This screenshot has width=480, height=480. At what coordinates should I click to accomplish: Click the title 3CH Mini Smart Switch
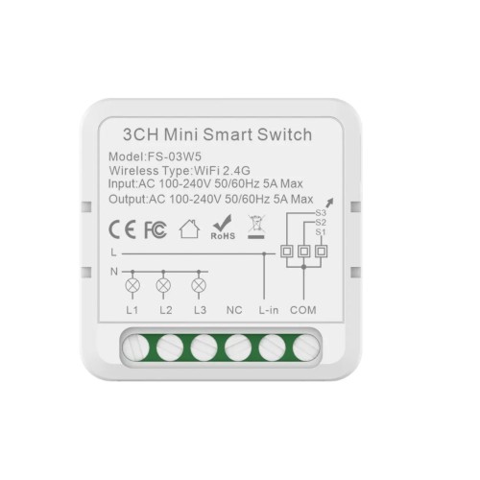tap(219, 135)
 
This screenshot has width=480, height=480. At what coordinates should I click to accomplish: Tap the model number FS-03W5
tap(171, 157)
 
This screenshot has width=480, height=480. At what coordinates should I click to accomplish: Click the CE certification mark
tap(121, 229)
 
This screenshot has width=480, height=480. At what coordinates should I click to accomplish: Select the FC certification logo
tap(155, 229)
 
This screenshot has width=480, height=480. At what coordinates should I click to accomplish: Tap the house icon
tap(189, 228)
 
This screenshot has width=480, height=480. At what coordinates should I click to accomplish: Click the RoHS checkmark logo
tap(223, 228)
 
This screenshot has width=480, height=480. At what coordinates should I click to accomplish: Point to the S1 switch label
tap(321, 231)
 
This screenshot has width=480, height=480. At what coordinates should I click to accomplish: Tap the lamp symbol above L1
tap(132, 285)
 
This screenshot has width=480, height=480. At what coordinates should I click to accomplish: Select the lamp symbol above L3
tap(199, 285)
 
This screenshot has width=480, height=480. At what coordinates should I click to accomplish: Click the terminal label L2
tap(165, 310)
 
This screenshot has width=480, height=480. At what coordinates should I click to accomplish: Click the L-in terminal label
tap(268, 310)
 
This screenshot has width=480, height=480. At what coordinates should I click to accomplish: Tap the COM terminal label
tap(302, 310)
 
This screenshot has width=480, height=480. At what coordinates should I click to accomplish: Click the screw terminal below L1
tap(137, 348)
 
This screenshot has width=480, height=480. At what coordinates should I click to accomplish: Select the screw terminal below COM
tap(305, 348)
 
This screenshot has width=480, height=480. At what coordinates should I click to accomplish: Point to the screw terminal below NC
tap(238, 348)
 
